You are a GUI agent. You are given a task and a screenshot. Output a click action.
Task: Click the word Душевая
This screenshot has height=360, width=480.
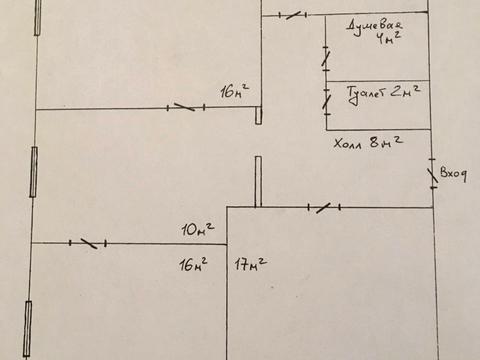coord(374,26)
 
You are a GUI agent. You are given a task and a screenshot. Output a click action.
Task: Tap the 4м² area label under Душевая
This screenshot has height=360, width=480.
coord(388,38)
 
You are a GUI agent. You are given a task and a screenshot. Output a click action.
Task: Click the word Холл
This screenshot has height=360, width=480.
coord(348,144)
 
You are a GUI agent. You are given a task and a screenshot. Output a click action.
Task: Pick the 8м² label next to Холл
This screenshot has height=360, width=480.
coord(386,142)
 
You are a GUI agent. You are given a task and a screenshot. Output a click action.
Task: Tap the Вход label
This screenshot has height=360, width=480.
coord(453,174)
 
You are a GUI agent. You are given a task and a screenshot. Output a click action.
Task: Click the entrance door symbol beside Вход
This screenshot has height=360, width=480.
coord(433,174)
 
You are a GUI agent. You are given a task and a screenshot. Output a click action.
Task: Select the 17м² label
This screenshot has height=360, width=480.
coord(251,263)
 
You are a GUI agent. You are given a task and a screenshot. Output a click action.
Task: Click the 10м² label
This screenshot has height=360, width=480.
coord(198,229)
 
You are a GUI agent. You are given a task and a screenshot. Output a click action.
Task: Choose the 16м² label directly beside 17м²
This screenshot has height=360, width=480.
coord(193,264)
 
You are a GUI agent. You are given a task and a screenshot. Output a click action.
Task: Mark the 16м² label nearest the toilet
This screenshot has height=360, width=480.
coord(235,91)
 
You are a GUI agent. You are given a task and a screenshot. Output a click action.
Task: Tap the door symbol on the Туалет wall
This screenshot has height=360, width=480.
coord(327,102)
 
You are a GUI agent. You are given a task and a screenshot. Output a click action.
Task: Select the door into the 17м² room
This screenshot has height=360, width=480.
coord(324,208)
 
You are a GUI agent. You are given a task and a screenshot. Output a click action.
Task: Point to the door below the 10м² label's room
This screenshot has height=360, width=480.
coord(88,243)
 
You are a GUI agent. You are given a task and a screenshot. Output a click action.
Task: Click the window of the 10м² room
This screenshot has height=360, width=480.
coord(34,172)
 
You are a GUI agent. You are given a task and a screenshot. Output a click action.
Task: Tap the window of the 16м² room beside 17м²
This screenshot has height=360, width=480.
coord(28,329)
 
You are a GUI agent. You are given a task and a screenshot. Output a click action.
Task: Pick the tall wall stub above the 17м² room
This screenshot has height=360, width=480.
coord(258,182)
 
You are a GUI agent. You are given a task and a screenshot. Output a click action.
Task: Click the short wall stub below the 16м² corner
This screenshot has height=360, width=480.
coord(258,115)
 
